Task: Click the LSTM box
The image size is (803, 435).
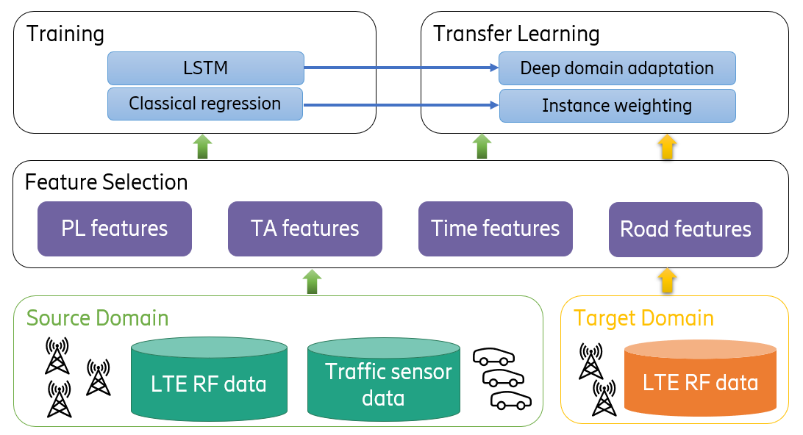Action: click(x=205, y=68)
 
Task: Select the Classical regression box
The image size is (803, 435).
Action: click(x=205, y=104)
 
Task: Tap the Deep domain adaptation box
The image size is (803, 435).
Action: click(x=617, y=68)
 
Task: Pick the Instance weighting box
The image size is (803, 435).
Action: click(x=617, y=105)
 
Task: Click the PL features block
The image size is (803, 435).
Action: click(x=115, y=229)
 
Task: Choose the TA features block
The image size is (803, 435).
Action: click(x=305, y=229)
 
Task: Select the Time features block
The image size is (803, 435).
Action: click(x=496, y=229)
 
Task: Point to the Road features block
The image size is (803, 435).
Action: click(x=686, y=229)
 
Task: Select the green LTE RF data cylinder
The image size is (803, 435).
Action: click(x=209, y=384)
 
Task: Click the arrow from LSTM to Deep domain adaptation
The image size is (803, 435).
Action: click(x=401, y=68)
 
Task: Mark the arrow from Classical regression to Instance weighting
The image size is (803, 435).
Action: click(x=401, y=105)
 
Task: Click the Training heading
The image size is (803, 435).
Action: click(x=65, y=34)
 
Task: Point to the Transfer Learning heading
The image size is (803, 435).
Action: click(x=516, y=34)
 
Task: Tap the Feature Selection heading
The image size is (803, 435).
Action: click(x=107, y=181)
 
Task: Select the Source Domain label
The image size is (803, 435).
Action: click(x=98, y=318)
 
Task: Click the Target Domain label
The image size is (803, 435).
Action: click(x=643, y=318)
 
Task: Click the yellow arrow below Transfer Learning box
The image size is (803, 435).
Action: click(x=667, y=146)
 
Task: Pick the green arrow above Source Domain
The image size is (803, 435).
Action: click(x=313, y=281)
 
